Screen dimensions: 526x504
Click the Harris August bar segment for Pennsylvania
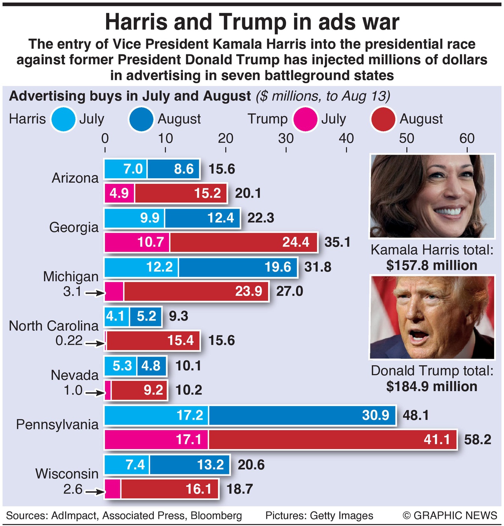click(x=302, y=415)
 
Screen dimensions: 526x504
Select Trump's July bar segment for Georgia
click(x=137, y=242)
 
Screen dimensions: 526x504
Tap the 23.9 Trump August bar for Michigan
click(x=196, y=291)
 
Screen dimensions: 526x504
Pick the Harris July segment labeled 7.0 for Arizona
click(x=125, y=169)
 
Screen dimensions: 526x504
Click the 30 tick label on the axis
click(x=286, y=138)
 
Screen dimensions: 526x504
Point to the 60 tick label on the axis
click(x=467, y=138)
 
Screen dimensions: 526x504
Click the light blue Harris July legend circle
click(x=63, y=119)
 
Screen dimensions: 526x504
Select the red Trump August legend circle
click(x=383, y=119)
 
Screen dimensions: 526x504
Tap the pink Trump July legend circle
click(x=305, y=119)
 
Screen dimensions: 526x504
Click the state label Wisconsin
click(x=67, y=474)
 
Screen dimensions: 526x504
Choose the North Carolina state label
click(x=54, y=326)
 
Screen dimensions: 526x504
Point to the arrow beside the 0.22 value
click(x=95, y=343)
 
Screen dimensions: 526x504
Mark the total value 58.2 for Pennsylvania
click(x=478, y=440)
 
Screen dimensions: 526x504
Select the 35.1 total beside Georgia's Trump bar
click(x=338, y=242)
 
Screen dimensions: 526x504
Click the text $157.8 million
click(x=432, y=265)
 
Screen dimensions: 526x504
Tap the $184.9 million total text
click(x=432, y=386)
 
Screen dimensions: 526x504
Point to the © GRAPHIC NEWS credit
click(x=450, y=515)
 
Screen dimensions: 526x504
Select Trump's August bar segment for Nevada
click(x=139, y=390)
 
